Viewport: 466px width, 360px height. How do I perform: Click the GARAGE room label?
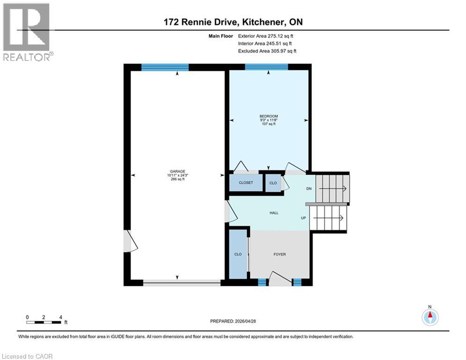pos(178,172)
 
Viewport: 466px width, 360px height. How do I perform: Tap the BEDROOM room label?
pos(269,116)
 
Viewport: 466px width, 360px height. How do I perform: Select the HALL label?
pos(274,213)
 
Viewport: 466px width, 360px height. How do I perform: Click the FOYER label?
pos(280,255)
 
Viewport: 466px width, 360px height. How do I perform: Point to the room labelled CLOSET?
pos(246,183)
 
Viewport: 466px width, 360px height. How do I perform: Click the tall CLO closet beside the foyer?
pos(238,254)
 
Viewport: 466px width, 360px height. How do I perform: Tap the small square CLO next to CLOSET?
pos(273,183)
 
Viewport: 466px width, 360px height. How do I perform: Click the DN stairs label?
pos(309,189)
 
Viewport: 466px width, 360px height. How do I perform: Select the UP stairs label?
pos(303,218)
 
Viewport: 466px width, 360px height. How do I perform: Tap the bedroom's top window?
pos(266,67)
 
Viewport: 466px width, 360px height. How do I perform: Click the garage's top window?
pos(165,67)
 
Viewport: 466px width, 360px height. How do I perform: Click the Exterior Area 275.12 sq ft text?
pos(266,36)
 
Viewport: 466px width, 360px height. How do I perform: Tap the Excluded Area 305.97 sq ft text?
pos(267,51)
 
